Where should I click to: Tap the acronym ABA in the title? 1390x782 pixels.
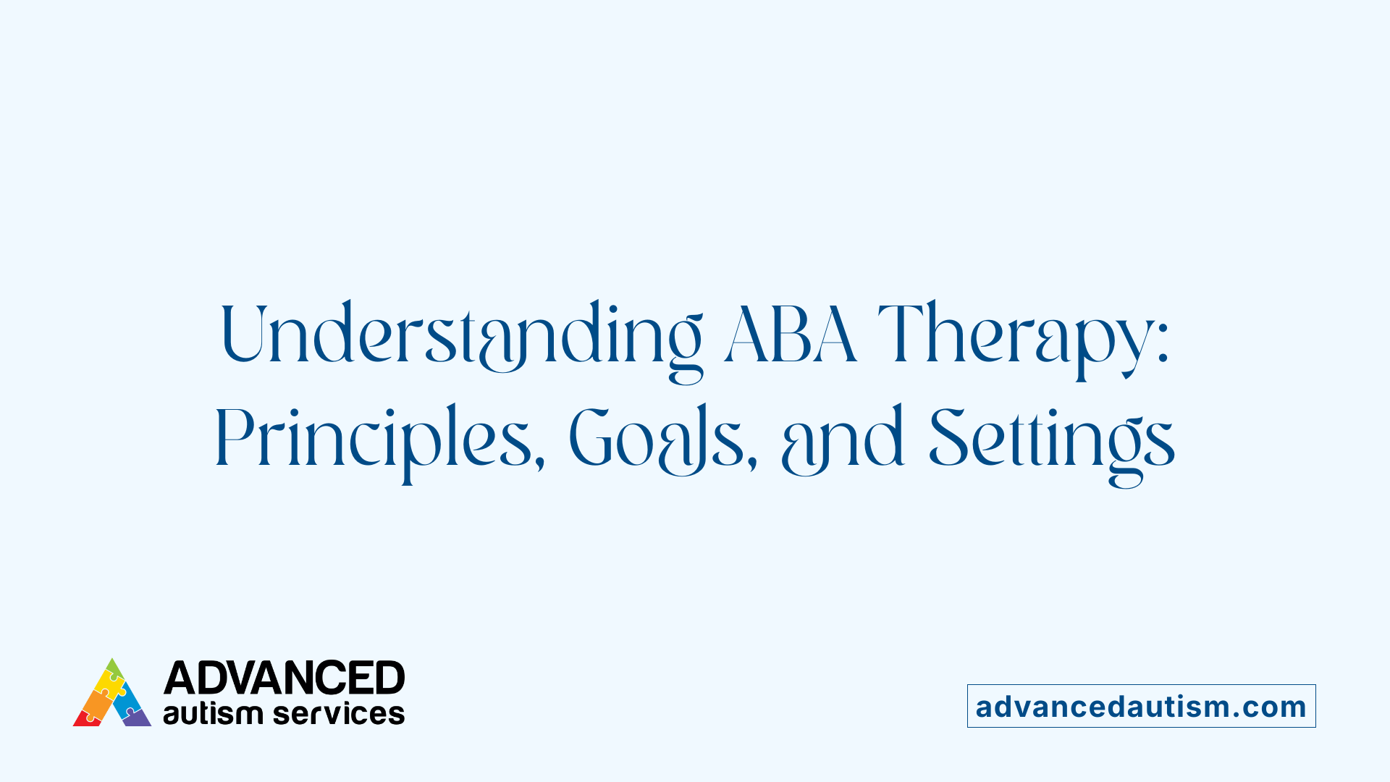tap(791, 335)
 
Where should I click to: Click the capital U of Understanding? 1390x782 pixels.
tap(242, 333)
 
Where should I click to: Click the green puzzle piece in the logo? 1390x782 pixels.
tap(114, 668)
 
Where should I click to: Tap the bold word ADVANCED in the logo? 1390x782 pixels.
tap(284, 678)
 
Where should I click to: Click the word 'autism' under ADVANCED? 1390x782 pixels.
tap(213, 714)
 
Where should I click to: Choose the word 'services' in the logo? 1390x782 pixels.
tap(339, 714)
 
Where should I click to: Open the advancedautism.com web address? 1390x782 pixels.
tap(1141, 707)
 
